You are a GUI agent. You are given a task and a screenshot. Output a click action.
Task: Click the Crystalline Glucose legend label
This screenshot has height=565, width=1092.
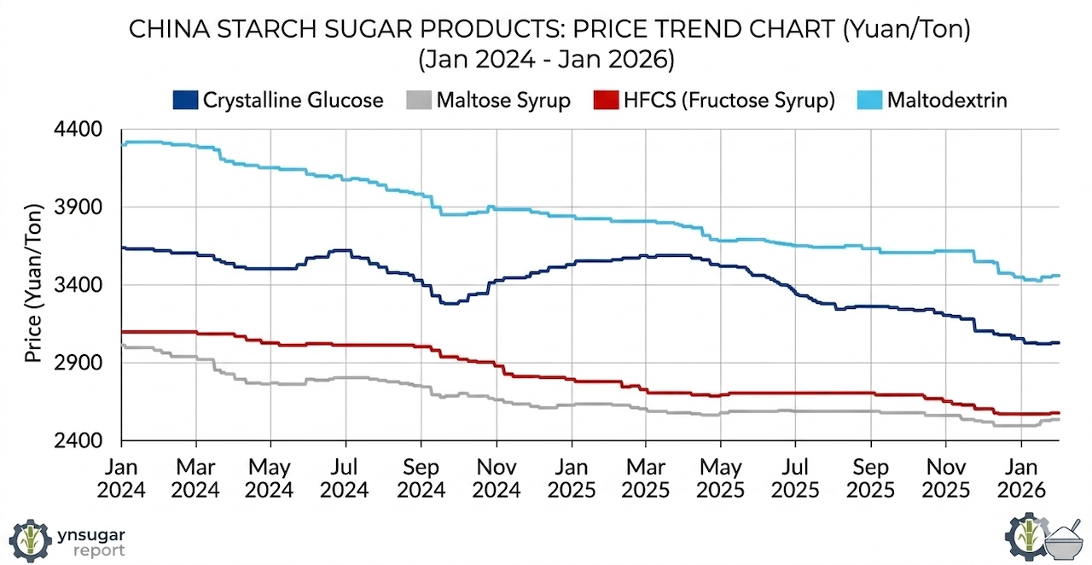(x=293, y=100)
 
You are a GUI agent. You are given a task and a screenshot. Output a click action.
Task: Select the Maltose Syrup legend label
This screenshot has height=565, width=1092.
(x=502, y=100)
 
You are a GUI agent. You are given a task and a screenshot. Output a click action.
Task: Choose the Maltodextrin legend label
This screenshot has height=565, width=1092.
(x=947, y=100)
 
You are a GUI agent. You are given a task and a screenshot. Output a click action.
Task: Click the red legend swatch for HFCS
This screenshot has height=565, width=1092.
(x=601, y=100)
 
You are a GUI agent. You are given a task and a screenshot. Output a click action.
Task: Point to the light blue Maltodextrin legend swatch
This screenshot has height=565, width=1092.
(x=868, y=100)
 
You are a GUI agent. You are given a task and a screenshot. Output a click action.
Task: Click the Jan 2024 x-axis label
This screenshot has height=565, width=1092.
(x=121, y=478)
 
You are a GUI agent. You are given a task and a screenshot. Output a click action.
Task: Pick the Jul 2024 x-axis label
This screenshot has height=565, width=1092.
(x=346, y=478)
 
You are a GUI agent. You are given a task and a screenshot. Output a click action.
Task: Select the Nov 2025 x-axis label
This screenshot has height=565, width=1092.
(x=945, y=478)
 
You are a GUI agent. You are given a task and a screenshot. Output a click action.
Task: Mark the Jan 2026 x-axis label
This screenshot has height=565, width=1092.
(x=1021, y=478)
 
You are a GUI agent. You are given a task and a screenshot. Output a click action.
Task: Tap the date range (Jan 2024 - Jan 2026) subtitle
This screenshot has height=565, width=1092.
(x=546, y=61)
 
